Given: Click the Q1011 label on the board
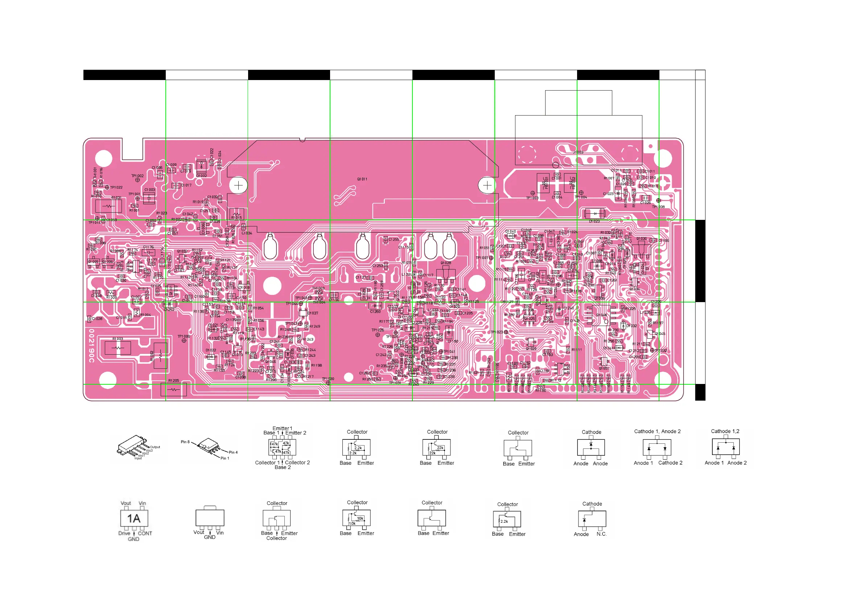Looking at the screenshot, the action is pos(362,179).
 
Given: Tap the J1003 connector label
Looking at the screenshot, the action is pos(578,152).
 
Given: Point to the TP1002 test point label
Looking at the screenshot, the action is pos(137,176).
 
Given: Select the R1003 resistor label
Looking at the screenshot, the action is pos(118,339).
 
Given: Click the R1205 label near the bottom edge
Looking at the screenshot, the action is pos(173,381).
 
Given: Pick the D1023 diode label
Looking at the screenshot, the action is pos(594,221).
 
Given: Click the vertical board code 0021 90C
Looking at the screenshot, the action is pos(91,346).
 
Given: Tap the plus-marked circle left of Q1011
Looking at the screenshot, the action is pos(239,185).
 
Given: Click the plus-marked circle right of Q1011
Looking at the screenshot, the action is pos(487,185).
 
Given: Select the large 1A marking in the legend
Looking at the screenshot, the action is pos(133,519).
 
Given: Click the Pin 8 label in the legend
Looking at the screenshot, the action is pos(185,442).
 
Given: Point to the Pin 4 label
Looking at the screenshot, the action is pos(233,452).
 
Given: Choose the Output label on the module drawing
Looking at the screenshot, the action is pos(155,447).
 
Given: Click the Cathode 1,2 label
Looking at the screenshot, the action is pos(725,431).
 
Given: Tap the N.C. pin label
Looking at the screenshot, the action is pos(601,534).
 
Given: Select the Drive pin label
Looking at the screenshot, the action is pos(124,533).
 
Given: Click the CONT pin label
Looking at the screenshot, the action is pos(145,533).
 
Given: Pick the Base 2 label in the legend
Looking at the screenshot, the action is pos(283,467).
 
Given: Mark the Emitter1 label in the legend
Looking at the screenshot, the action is pos(282,429).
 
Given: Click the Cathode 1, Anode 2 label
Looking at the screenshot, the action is pos(657,431).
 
